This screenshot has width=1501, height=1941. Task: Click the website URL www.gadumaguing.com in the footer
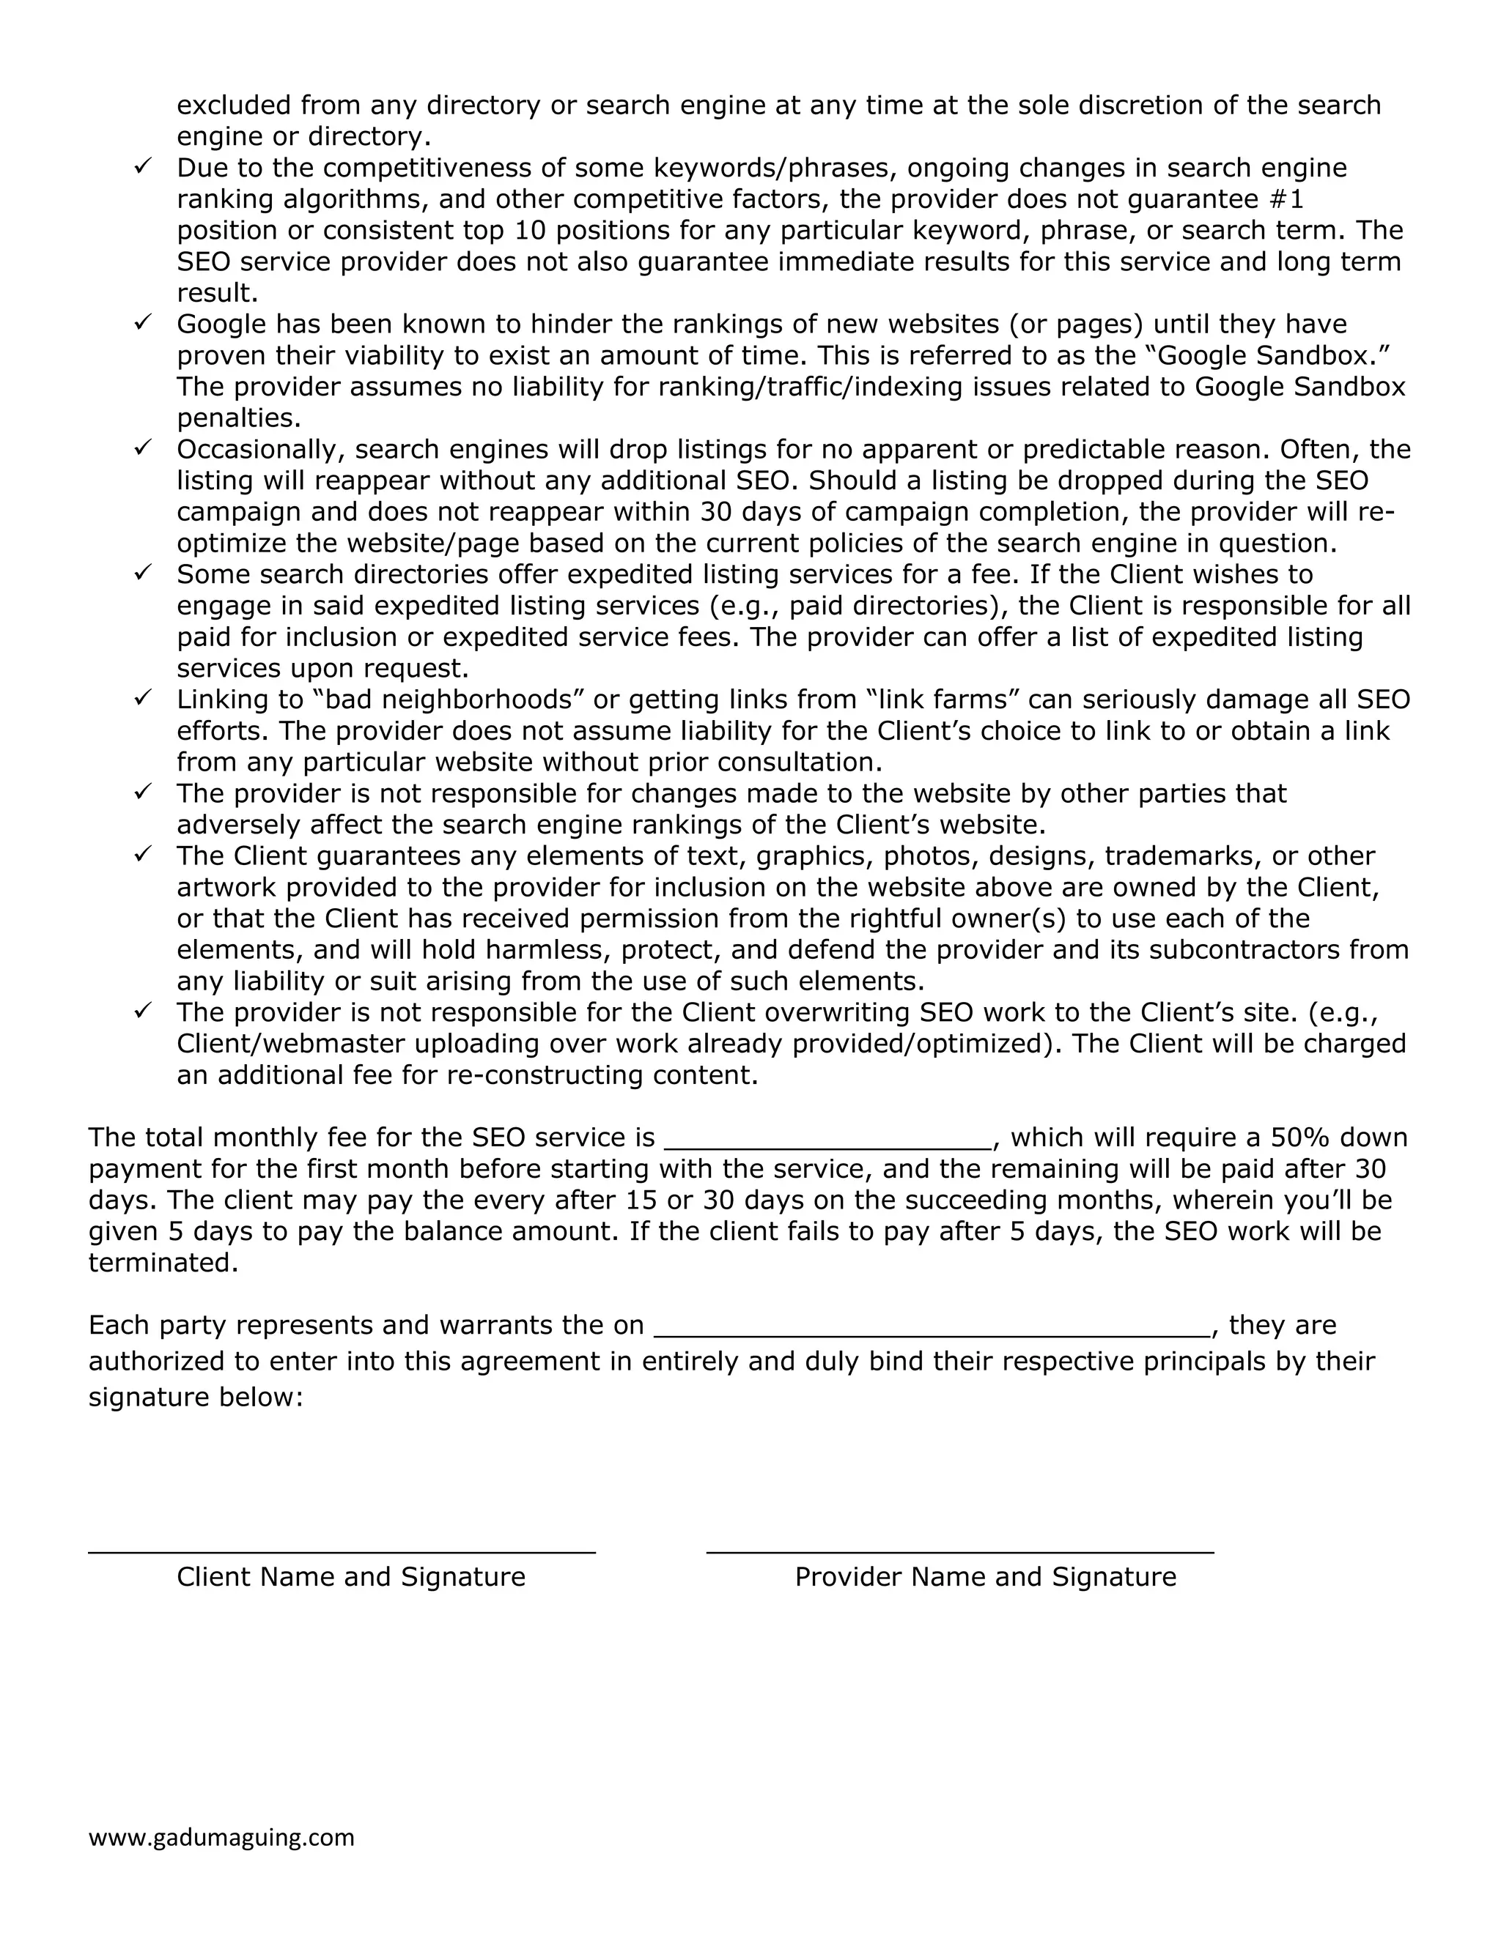[x=221, y=1837]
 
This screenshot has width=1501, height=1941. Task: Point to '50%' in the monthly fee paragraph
[x=1300, y=1138]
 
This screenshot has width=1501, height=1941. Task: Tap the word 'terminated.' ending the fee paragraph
[x=163, y=1263]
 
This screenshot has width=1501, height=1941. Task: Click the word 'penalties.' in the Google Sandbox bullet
[x=238, y=417]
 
